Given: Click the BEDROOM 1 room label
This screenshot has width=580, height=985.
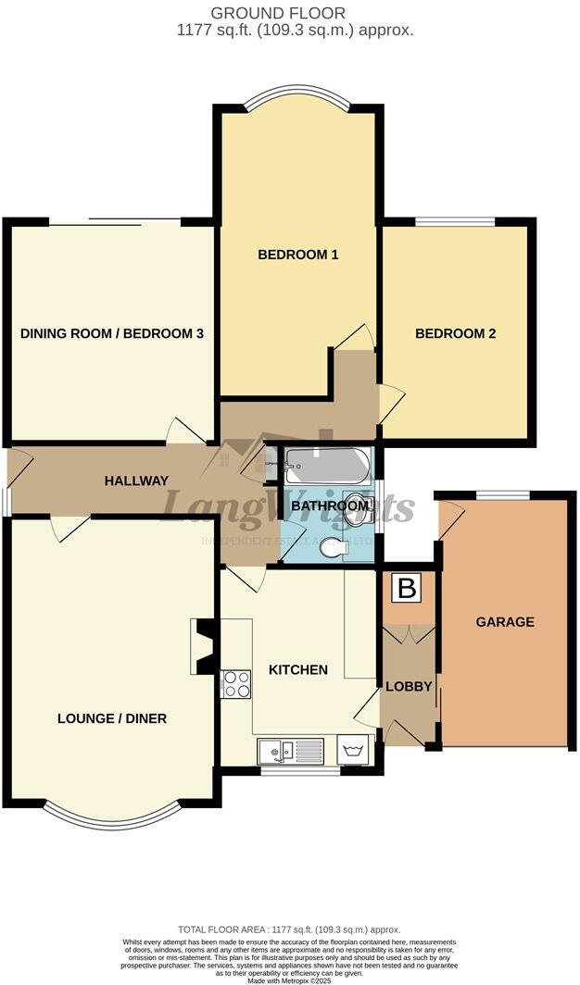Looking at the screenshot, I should tap(296, 255).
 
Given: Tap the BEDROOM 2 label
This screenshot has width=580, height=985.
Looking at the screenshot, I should tap(455, 333).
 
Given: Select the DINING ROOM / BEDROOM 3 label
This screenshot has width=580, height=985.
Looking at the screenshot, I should tap(112, 333).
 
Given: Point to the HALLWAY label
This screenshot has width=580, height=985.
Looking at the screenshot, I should tap(136, 480).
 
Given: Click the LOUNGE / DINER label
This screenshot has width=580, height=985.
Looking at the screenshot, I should tap(112, 718).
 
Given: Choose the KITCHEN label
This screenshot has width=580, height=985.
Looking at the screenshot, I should tap(298, 669).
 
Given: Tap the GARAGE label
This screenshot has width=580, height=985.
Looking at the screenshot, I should tap(505, 622).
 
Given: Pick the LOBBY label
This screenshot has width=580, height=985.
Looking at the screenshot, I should tap(409, 686).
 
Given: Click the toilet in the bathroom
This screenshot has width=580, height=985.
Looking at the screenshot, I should tap(333, 549).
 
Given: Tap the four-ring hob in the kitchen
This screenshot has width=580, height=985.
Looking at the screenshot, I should tap(236, 683).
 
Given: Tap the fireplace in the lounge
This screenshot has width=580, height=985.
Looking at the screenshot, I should tap(205, 646).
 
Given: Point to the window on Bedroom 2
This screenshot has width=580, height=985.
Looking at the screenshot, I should tap(454, 221).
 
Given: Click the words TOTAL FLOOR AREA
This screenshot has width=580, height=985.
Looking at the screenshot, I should tap(218, 929).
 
